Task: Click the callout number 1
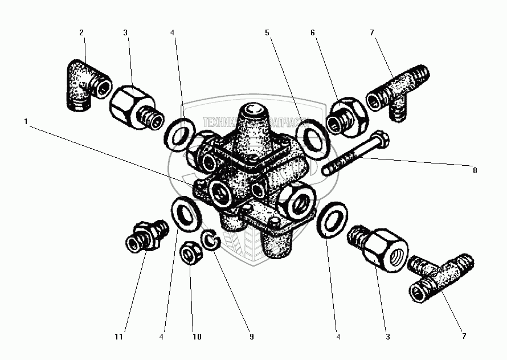(x=26, y=121)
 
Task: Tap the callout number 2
(x=81, y=32)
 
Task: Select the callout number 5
(x=267, y=32)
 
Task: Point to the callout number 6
(x=313, y=32)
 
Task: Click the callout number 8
(x=475, y=170)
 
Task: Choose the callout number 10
(x=197, y=337)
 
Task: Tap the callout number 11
(x=118, y=337)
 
